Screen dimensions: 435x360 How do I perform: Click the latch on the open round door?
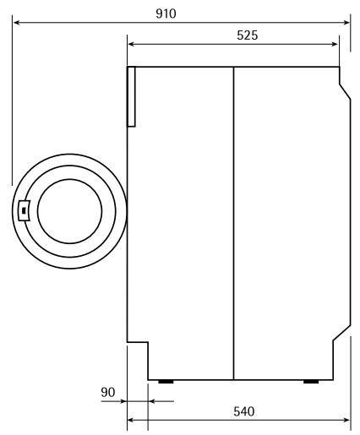24,209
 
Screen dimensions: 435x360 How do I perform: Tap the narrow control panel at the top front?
131,96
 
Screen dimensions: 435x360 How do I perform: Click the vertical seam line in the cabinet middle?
232,220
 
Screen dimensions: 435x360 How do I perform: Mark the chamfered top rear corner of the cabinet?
345,84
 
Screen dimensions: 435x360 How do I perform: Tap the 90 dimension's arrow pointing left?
152,401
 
